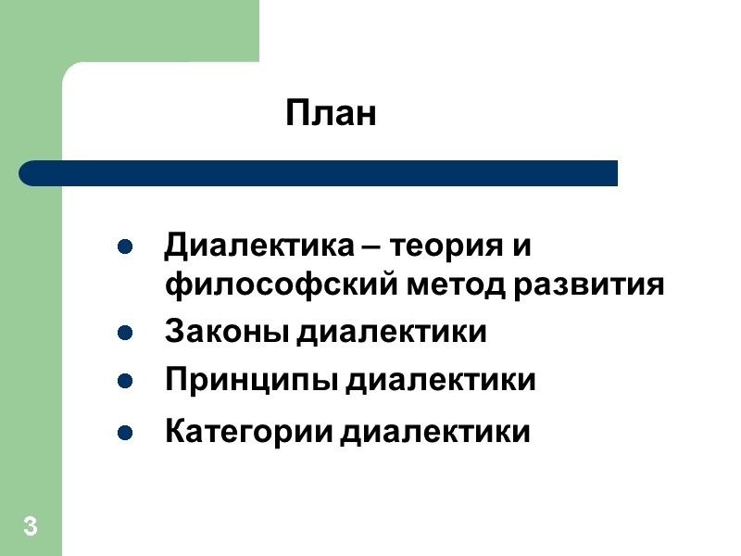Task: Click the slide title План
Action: pyautogui.click(x=331, y=115)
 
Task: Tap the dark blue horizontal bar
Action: pyautogui.click(x=319, y=173)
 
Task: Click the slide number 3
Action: pyautogui.click(x=31, y=529)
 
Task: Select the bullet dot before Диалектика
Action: pyautogui.click(x=123, y=248)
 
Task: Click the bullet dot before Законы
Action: pyautogui.click(x=123, y=332)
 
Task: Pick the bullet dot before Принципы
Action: pyautogui.click(x=123, y=380)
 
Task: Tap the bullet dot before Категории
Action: pyautogui.click(x=123, y=432)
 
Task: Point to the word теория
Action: pyautogui.click(x=446, y=248)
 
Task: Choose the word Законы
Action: pyautogui.click(x=225, y=332)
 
